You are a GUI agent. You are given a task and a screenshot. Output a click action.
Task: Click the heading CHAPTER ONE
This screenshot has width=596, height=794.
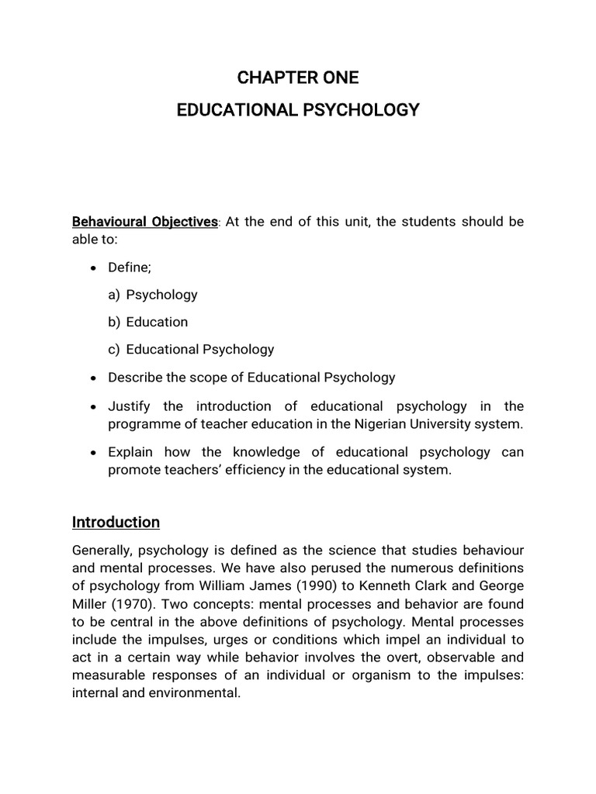298,78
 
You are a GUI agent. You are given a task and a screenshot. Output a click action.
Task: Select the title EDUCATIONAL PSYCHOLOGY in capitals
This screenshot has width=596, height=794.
298,110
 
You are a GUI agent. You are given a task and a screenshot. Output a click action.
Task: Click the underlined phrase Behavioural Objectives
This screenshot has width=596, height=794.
145,222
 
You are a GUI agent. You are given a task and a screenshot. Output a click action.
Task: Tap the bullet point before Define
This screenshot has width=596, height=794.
93,268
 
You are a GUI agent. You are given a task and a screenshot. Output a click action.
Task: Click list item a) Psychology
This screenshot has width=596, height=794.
153,295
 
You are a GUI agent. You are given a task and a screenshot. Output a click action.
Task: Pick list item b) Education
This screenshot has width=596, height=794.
148,322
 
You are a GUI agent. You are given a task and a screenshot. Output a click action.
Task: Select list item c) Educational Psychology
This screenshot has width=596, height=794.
191,349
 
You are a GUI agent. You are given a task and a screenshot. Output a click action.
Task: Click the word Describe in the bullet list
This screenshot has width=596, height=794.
133,378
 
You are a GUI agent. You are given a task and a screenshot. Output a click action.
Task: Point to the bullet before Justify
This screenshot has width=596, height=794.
93,407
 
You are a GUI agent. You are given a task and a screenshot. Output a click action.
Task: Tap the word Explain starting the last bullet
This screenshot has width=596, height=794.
130,452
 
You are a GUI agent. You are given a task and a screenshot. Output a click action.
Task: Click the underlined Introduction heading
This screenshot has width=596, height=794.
116,522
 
